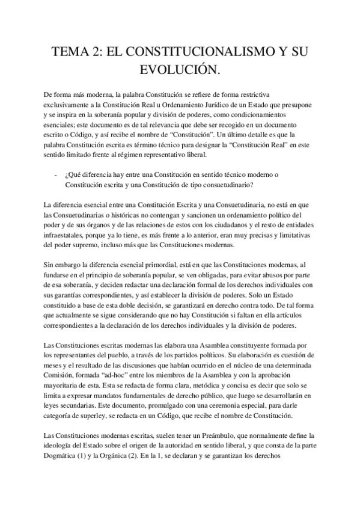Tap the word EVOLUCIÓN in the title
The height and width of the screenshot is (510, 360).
click(x=180, y=72)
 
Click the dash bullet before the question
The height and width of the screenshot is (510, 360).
click(x=55, y=174)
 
